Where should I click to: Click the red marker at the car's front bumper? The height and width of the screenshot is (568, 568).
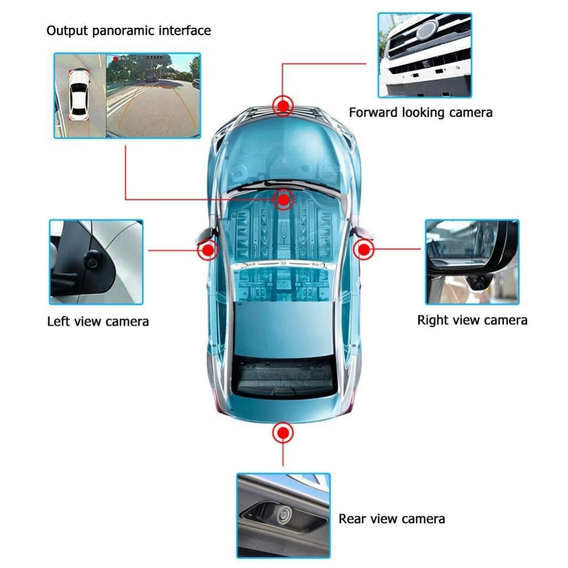pos(283,106)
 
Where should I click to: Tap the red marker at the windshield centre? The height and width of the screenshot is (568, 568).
pos(283,199)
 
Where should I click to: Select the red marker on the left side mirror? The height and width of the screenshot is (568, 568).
pos(208,250)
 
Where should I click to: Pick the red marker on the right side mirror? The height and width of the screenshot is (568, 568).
pos(364,249)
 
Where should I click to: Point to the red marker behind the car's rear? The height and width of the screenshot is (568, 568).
pos(283,432)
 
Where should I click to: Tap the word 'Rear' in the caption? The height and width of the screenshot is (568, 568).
pos(352,519)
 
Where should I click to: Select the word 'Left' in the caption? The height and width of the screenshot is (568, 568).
pos(58,321)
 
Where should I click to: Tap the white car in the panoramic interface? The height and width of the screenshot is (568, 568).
pos(78,95)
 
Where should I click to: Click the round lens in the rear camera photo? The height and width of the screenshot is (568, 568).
pos(283,515)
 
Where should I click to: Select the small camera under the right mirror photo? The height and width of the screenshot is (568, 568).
pos(479,281)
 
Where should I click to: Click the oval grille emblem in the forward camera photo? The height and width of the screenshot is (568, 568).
pos(428,30)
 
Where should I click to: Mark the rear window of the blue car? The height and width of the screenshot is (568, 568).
pos(283,377)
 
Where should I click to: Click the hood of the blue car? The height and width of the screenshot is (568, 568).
pos(282,152)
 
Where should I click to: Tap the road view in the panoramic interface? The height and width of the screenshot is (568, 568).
pos(153,95)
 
